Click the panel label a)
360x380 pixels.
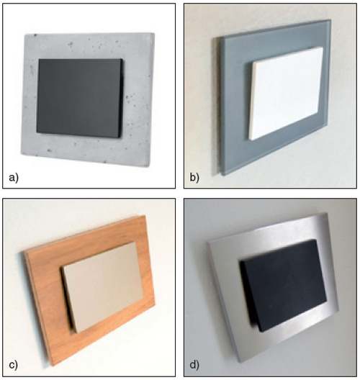tap(14, 178)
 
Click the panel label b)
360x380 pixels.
tap(194, 178)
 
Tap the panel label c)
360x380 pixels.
tap(14, 365)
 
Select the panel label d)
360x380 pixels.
tap(194, 365)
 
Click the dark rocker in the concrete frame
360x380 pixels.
tap(80, 98)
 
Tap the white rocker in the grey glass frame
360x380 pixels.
tap(286, 94)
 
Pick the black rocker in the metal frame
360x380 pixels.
tap(283, 285)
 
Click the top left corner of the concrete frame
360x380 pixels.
tap(25, 35)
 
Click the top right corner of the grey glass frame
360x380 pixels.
tap(330, 20)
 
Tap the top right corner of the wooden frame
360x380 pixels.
tap(145, 215)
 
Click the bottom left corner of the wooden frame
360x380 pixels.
tap(52, 366)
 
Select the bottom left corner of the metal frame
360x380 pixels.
tap(240, 363)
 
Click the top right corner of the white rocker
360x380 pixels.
tap(323, 47)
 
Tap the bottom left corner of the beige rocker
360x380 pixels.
tap(76, 332)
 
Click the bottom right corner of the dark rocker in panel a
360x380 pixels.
tap(120, 137)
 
